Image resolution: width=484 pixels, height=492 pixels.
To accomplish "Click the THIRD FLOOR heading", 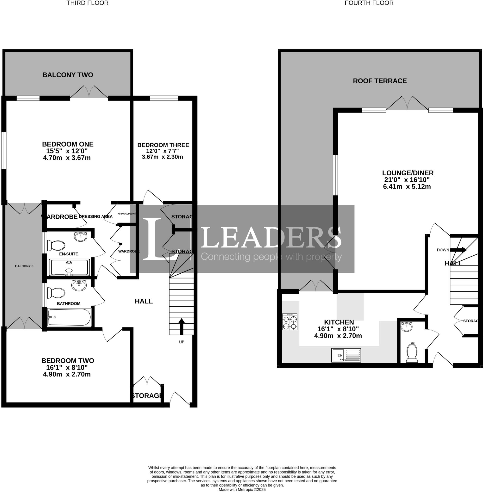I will [88, 3].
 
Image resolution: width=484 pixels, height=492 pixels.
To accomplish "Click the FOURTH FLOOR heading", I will [369, 3].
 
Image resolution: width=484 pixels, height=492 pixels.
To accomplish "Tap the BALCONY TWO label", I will [68, 75].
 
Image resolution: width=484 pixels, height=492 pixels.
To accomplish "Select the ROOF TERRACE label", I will [380, 81].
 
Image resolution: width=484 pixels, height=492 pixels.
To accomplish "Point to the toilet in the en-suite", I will [57, 246].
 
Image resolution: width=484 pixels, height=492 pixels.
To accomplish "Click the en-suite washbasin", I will [81, 236].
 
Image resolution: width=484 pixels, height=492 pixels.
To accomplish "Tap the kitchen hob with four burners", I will [289, 322].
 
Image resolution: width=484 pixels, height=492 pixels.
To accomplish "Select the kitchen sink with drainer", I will [346, 355].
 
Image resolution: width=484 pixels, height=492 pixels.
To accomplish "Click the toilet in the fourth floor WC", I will [412, 353].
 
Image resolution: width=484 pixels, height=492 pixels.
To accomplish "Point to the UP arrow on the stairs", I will [182, 326].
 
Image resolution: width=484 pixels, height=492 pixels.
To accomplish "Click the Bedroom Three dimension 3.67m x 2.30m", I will [162, 157].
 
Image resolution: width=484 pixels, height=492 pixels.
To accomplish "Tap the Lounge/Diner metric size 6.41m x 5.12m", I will [407, 187].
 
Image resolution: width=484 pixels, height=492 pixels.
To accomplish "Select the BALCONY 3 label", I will [24, 266].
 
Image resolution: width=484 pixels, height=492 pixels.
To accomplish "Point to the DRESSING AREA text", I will [96, 216].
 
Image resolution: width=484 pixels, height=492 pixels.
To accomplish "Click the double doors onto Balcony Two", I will [89, 92].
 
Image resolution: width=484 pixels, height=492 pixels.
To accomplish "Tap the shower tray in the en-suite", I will [69, 267].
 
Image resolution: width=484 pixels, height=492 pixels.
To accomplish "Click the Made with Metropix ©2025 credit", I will [242, 489].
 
